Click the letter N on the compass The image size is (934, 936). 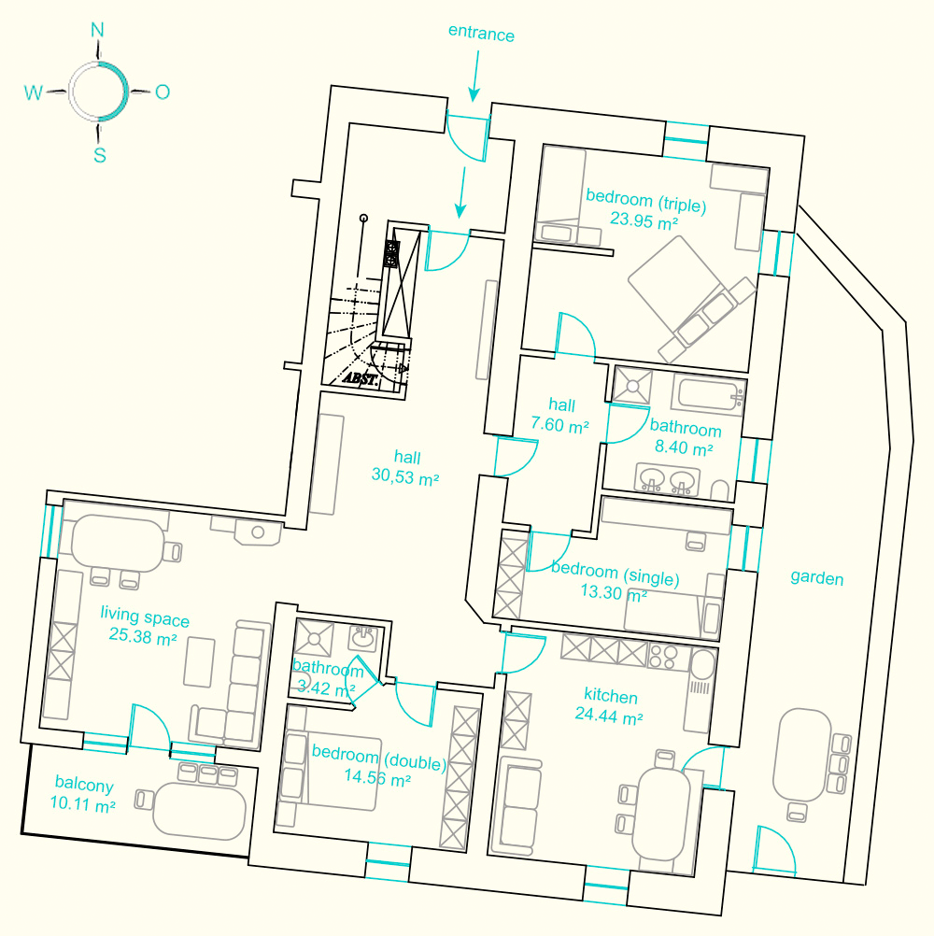pyautogui.click(x=97, y=30)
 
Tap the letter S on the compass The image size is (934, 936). pyautogui.click(x=100, y=155)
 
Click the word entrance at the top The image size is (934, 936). pyautogui.click(x=481, y=34)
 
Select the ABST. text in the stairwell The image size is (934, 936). pyautogui.click(x=361, y=378)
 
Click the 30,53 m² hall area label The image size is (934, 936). pyautogui.click(x=405, y=476)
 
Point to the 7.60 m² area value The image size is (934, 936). pyautogui.click(x=559, y=425)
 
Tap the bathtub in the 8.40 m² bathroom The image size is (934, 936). pyautogui.click(x=709, y=393)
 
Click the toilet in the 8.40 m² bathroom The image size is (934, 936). pyautogui.click(x=720, y=490)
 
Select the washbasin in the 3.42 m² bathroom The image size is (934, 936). pyautogui.click(x=362, y=638)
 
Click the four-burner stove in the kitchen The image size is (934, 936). pyautogui.click(x=662, y=656)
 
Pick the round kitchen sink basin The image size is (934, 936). pyautogui.click(x=703, y=664)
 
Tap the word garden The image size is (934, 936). pyautogui.click(x=816, y=577)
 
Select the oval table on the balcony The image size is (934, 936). pyautogui.click(x=199, y=811)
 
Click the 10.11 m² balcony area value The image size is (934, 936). pyautogui.click(x=82, y=804)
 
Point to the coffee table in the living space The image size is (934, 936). pyautogui.click(x=199, y=662)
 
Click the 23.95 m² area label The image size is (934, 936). pyautogui.click(x=644, y=220)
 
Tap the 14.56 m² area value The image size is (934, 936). pyautogui.click(x=377, y=778)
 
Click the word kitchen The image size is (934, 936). pyautogui.click(x=611, y=696)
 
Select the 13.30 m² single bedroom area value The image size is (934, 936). pyautogui.click(x=614, y=593)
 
